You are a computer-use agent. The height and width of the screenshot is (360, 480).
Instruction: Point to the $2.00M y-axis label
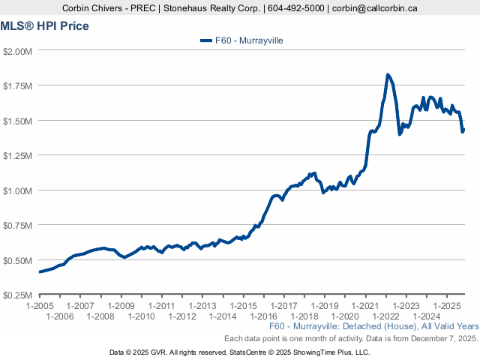point(17,51)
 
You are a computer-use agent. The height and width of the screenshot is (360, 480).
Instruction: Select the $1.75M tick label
point(17,85)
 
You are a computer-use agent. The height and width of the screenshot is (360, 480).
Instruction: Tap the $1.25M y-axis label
point(17,155)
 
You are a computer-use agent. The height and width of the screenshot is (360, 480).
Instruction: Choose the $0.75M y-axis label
point(17,225)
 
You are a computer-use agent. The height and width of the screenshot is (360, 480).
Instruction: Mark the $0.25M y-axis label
point(17,295)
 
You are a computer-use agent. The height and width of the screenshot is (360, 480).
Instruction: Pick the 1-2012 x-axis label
point(182,316)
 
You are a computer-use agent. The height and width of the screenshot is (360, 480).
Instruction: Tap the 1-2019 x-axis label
point(325,306)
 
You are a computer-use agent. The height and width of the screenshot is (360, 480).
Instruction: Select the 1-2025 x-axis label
point(447,306)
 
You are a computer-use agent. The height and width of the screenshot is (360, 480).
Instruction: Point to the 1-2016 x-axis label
point(264,316)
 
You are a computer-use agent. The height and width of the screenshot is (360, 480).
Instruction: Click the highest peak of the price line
point(387,74)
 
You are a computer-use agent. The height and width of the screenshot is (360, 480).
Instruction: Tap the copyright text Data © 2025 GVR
point(139,352)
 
